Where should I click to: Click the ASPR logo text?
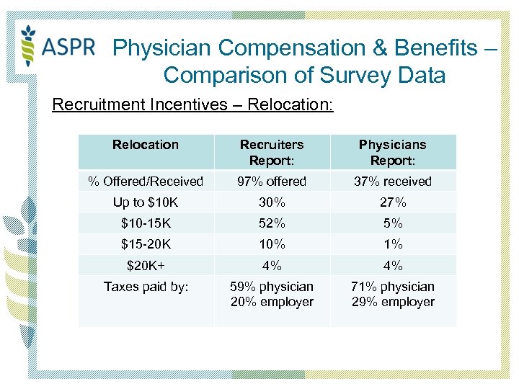(68, 48)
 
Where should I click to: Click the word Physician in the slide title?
(163, 48)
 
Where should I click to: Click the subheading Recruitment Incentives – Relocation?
(192, 105)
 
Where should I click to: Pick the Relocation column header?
(146, 145)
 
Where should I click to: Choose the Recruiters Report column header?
(272, 152)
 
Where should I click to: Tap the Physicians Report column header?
(393, 152)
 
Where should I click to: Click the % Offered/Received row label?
(146, 182)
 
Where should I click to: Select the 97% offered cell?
(272, 182)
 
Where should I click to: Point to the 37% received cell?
(393, 182)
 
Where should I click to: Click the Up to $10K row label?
(146, 202)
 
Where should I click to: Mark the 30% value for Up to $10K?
(272, 202)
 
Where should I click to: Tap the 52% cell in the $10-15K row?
(272, 223)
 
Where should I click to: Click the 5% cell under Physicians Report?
(393, 223)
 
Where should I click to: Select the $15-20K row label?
(146, 244)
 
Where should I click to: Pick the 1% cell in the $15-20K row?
(393, 244)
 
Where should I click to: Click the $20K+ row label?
(146, 265)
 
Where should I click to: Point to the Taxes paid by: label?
(146, 287)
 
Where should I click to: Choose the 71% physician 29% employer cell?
(393, 294)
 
